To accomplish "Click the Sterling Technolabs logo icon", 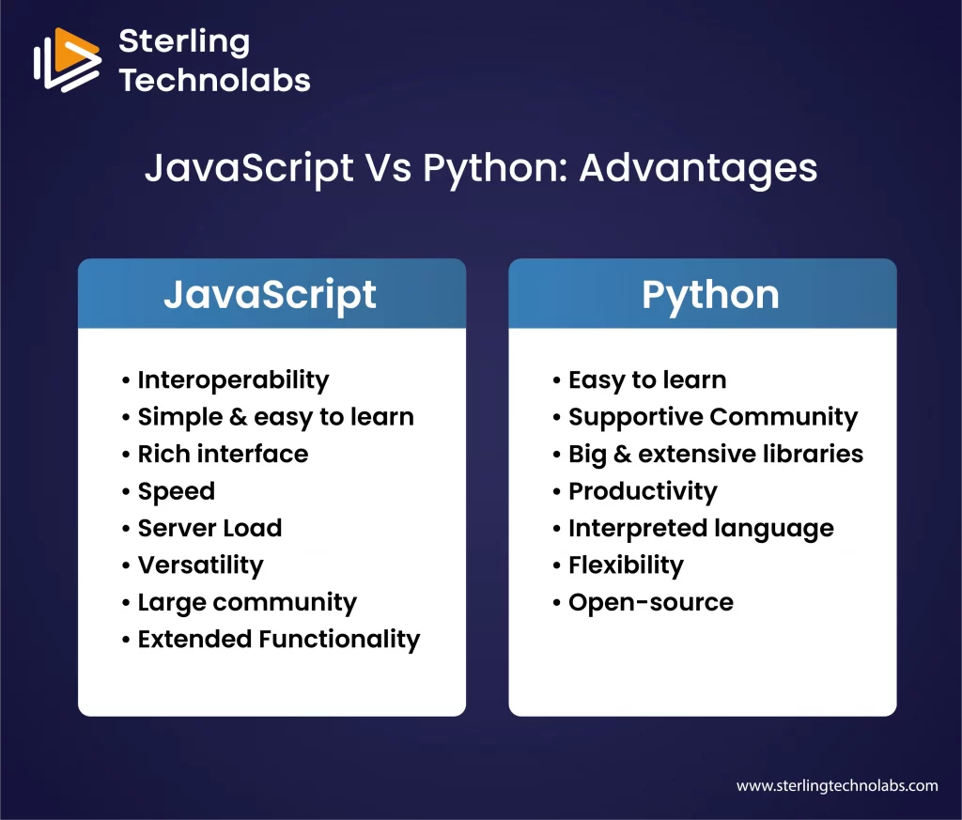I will pos(67,60).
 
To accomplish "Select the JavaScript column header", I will pos(271,294).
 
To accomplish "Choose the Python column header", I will pos(710,294).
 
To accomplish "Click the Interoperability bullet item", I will pos(233,379).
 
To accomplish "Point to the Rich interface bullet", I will pos(223,454).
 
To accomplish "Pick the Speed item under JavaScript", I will pos(176,491).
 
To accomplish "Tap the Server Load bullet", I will pos(209,528).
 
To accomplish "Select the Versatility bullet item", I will pos(200,565).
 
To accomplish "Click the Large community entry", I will pos(247,602).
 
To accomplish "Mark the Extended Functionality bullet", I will pos(278,639).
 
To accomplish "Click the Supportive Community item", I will pos(712,417).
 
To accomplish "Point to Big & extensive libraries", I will pos(715,454).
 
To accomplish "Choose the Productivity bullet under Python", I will pos(643,491).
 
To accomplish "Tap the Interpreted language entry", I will pos(701,528).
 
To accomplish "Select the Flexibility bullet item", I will pos(626,565).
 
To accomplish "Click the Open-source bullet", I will pos(650,602).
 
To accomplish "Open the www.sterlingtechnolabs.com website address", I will pos(836,785).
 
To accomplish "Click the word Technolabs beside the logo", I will pos(215,80).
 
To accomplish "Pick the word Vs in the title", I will pos(385,169).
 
